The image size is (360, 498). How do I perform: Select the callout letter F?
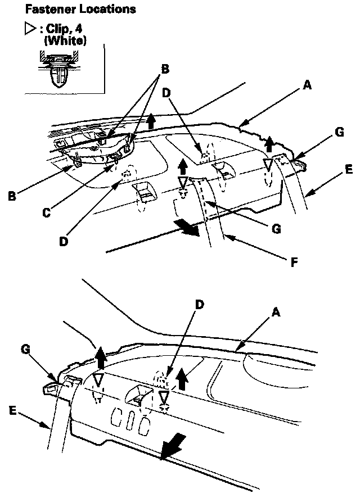point(294,261)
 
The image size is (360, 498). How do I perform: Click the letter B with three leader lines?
point(165,69)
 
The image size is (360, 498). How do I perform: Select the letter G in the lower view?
point(25,350)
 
